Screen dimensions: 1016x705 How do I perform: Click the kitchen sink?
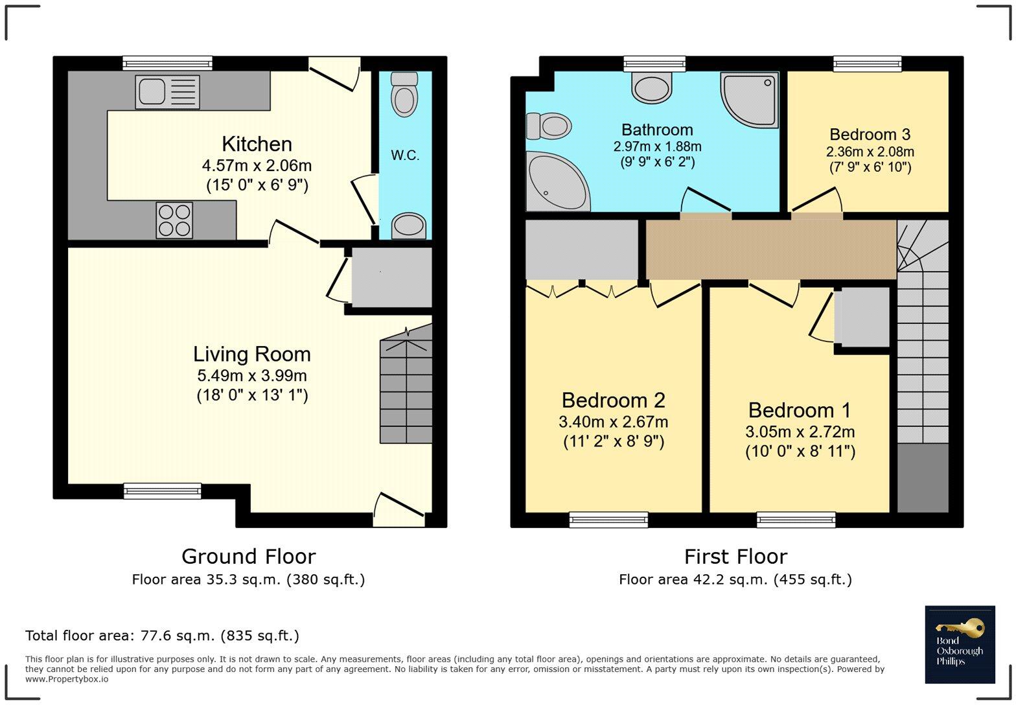pyautogui.click(x=167, y=91)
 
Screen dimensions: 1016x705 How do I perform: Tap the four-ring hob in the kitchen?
pyautogui.click(x=174, y=220)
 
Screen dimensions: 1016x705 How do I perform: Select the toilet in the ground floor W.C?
pyautogui.click(x=404, y=95)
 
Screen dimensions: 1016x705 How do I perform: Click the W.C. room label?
pyautogui.click(x=405, y=155)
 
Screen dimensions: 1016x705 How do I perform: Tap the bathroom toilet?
pyautogui.click(x=548, y=126)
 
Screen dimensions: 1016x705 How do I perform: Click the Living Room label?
pyautogui.click(x=252, y=354)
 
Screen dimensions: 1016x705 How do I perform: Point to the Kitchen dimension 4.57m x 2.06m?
pyautogui.click(x=257, y=166)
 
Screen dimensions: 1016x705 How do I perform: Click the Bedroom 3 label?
pyautogui.click(x=870, y=134)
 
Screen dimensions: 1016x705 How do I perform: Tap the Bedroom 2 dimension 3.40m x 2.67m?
pyautogui.click(x=613, y=422)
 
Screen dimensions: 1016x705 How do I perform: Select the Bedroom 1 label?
pyautogui.click(x=799, y=410)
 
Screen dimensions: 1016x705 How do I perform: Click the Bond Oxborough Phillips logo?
pyautogui.click(x=960, y=644)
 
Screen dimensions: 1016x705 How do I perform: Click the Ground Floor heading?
pyautogui.click(x=249, y=557)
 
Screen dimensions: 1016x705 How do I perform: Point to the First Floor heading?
pyautogui.click(x=735, y=557)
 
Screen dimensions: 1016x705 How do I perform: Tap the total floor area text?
pyautogui.click(x=163, y=636)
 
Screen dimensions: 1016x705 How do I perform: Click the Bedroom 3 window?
pyautogui.click(x=867, y=64)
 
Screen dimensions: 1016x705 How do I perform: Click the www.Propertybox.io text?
pyautogui.click(x=67, y=679)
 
